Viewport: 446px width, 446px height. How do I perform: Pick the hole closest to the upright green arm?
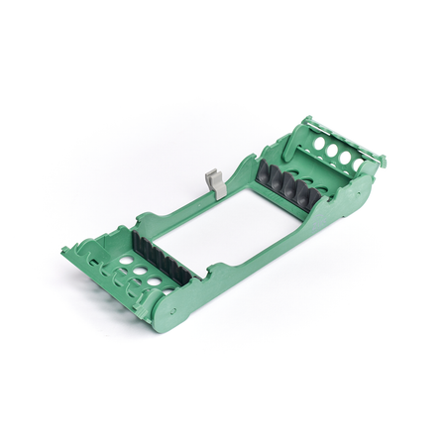318,143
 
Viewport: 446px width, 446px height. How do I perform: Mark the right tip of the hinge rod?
383,159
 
